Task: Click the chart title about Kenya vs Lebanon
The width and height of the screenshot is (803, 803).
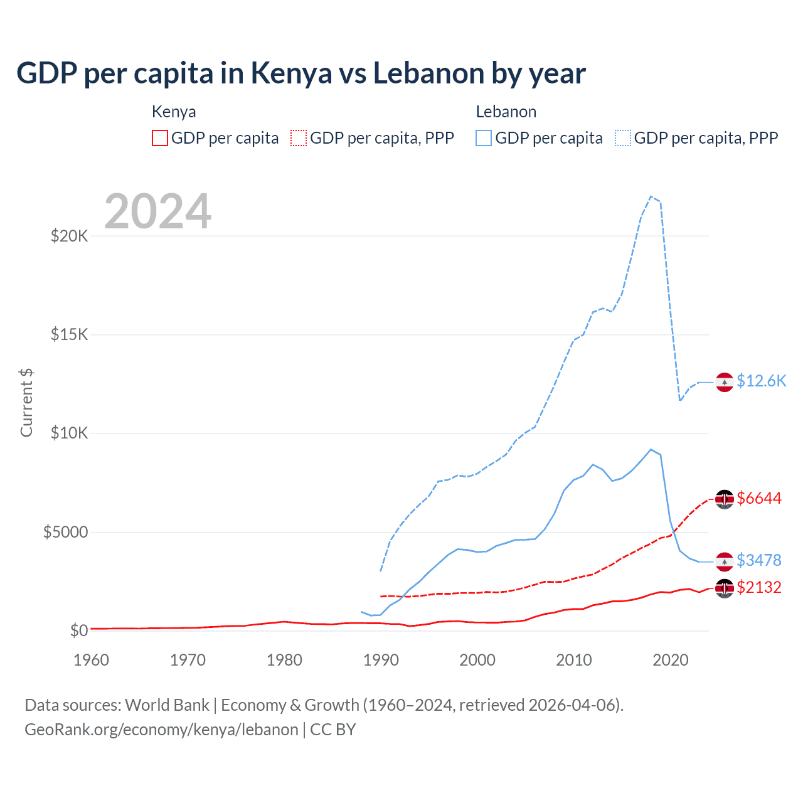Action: point(301,73)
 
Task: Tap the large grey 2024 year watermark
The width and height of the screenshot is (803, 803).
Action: point(157,211)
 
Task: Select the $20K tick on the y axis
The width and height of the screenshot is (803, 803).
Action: point(70,236)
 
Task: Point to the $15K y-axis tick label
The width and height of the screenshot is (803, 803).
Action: point(70,334)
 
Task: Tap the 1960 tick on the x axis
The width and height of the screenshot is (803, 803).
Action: point(92,660)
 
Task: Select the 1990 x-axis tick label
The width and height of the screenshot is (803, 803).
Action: point(381,660)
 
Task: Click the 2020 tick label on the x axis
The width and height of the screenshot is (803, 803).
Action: point(671,660)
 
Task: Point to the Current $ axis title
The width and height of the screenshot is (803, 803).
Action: point(26,403)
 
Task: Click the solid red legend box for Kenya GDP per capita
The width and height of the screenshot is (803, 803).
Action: point(160,138)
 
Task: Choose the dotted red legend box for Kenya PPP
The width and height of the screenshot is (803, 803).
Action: point(299,138)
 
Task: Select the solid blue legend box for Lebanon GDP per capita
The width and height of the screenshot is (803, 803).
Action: point(484,138)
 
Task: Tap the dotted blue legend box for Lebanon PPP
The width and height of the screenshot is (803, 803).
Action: point(623,138)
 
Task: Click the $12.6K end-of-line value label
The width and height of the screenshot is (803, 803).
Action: point(761,381)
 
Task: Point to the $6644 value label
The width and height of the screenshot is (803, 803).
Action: point(759,498)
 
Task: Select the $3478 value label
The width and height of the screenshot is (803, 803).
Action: point(759,560)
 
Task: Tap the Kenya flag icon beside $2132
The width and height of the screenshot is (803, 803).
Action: point(725,588)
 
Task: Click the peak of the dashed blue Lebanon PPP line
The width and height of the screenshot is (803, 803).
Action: point(651,196)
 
